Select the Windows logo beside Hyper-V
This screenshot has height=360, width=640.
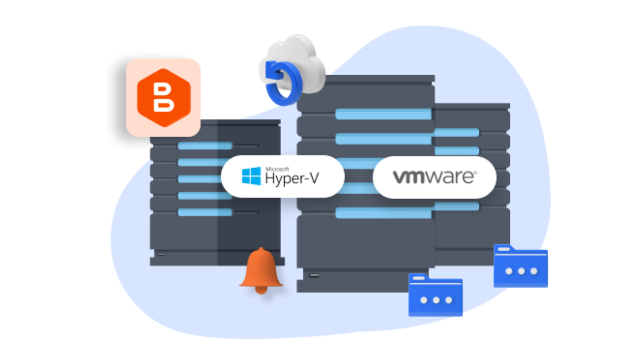tap(251, 175)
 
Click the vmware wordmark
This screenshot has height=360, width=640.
tap(434, 177)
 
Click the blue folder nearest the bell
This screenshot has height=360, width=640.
tap(435, 296)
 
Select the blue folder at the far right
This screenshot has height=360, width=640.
tap(521, 267)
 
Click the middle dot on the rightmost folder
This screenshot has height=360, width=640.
tap(521, 271)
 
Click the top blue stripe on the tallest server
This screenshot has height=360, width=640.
tap(383, 114)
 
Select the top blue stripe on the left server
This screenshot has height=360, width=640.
tap(205, 146)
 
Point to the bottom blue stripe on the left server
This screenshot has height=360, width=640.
tap(205, 212)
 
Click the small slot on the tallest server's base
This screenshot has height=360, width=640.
tap(315, 276)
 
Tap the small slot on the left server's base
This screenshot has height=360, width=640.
tap(161, 254)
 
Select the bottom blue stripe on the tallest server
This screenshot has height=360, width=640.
tap(383, 213)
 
